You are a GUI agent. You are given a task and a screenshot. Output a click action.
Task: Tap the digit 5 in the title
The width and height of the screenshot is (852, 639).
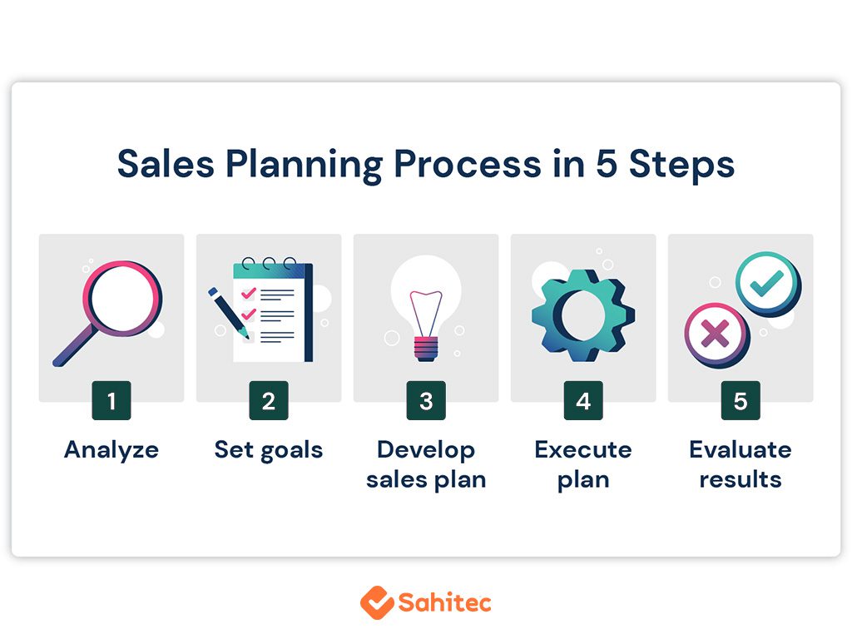point(607,163)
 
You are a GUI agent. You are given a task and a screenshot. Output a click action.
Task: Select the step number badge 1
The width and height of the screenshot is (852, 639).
point(111,400)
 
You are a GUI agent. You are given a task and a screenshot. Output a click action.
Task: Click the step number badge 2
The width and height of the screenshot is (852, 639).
point(269,400)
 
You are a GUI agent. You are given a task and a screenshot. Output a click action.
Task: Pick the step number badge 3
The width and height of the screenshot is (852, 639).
point(426,400)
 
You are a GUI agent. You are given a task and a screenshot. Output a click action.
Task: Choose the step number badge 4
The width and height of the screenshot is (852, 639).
point(583,400)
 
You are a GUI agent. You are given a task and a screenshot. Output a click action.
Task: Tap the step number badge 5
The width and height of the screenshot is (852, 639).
point(741,400)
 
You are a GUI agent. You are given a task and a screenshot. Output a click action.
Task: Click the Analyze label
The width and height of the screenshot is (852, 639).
point(111,451)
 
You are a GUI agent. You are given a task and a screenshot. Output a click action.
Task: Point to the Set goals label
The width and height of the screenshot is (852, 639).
point(269,451)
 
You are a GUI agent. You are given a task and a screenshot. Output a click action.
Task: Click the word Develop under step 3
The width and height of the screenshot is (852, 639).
point(426,451)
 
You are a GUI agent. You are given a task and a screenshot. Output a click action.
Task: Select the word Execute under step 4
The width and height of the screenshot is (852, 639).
point(583,450)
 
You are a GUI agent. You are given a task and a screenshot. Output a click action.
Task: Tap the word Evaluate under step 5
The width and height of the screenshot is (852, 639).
point(741,450)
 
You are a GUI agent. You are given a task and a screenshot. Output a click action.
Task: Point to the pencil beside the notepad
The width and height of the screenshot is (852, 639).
point(228,313)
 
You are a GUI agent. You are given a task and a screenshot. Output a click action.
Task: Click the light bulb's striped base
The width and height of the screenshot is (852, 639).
point(426,349)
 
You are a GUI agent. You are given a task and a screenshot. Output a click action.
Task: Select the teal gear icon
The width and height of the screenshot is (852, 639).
point(583,315)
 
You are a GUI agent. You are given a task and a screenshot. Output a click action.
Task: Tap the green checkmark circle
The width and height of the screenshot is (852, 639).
point(768,284)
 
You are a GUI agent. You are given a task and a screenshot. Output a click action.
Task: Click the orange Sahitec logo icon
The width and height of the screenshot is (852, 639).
point(377,602)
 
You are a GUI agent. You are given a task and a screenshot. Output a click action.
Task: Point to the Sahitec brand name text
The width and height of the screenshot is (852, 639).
point(445,602)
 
